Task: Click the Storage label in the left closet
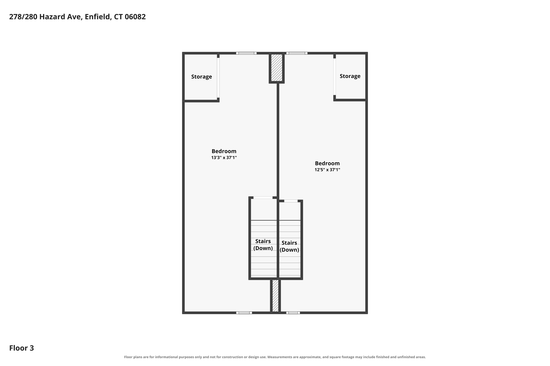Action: (201, 77)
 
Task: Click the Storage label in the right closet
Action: (350, 76)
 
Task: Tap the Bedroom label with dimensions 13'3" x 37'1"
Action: (224, 154)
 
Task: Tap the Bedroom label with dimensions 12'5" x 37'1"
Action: (327, 166)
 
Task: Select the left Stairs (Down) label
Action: (263, 245)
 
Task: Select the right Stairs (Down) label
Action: (289, 246)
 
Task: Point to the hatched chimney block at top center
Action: (277, 68)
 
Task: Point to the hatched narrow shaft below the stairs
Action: (275, 296)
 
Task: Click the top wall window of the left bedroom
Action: (246, 53)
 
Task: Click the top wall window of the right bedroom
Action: (297, 53)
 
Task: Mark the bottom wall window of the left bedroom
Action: (244, 313)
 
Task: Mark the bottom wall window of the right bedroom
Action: (293, 313)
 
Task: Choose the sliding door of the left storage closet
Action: (218, 78)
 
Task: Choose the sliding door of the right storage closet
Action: (335, 77)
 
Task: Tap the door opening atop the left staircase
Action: (263, 198)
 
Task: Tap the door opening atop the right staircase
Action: (291, 201)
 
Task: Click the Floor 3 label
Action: (21, 348)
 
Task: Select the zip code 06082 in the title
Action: (135, 17)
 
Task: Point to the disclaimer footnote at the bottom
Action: (275, 357)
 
